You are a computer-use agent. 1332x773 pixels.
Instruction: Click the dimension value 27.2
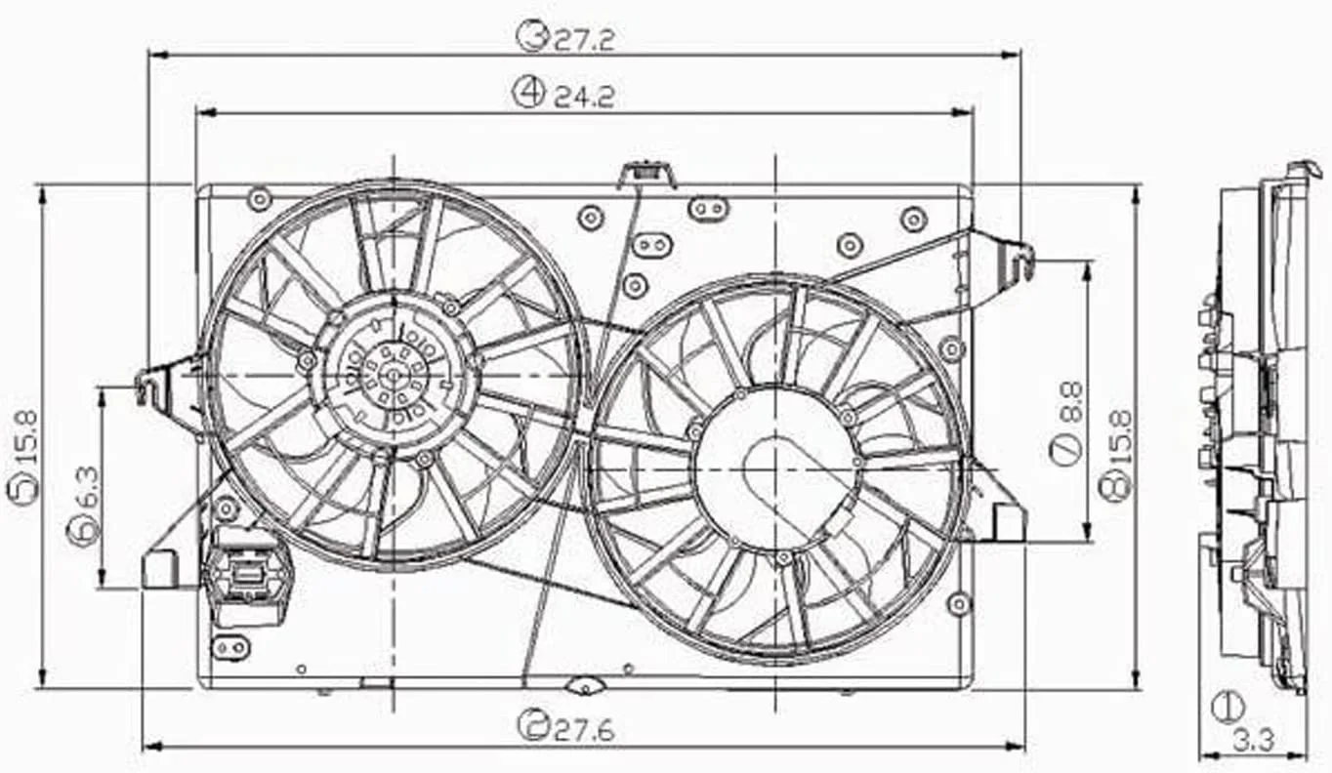pos(584,40)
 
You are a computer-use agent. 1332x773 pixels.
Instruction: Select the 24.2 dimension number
pos(584,98)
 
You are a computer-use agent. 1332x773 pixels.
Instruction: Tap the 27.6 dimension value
pos(584,730)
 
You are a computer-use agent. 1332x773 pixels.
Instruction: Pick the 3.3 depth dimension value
pos(1253,741)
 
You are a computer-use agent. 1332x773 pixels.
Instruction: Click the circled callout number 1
pos(1228,707)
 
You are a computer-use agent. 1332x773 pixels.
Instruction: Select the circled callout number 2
pos(532,725)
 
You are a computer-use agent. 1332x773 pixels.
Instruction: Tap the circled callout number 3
pos(531,37)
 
